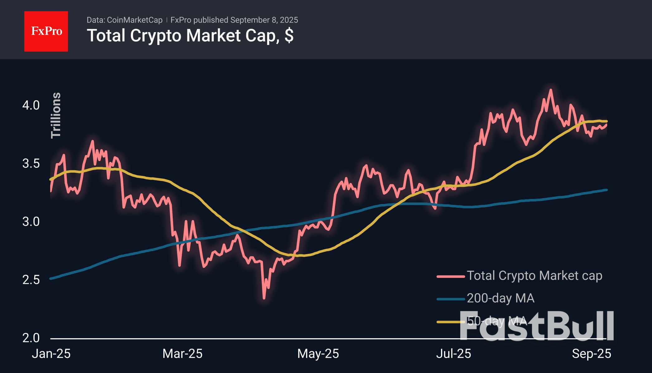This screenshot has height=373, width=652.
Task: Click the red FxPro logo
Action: click(x=46, y=31)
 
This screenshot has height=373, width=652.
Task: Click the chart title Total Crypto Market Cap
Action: click(x=190, y=36)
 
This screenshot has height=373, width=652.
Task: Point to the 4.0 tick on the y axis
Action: click(x=31, y=105)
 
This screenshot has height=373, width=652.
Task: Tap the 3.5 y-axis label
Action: click(x=31, y=163)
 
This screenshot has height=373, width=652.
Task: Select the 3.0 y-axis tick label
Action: click(x=31, y=222)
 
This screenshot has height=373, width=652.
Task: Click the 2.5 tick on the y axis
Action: click(x=31, y=280)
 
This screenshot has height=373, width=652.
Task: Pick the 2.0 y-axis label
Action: click(x=31, y=338)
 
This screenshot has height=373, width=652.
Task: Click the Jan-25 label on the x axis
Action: click(x=51, y=354)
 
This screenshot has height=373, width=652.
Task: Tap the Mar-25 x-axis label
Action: click(x=183, y=354)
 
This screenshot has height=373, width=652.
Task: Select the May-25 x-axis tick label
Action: click(x=318, y=354)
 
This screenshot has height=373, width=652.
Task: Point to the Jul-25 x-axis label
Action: click(x=453, y=354)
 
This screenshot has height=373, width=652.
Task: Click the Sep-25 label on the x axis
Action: click(x=591, y=354)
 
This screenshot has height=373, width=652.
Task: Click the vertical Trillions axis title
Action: click(x=56, y=115)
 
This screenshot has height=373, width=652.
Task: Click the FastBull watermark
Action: click(x=536, y=326)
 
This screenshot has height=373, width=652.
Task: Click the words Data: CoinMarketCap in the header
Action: click(x=124, y=20)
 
